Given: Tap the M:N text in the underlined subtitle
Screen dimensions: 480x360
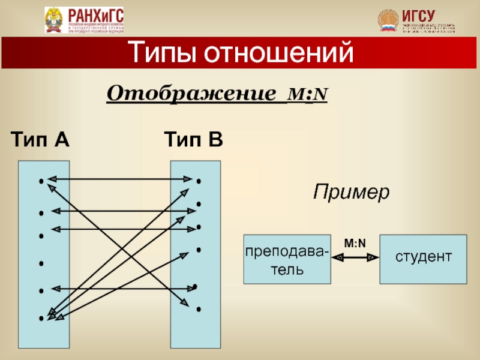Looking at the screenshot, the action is (x=307, y=95).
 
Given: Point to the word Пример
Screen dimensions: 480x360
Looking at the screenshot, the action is (x=351, y=193).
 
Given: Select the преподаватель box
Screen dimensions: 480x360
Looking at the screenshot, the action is (x=287, y=259).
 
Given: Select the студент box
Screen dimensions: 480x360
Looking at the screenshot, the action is (x=423, y=259).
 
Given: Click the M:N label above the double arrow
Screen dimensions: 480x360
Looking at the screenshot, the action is (x=355, y=242).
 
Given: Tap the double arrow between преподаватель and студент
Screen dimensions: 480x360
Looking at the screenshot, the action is (x=355, y=257).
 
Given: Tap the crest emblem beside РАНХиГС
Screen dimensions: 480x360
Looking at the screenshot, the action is (x=55, y=20).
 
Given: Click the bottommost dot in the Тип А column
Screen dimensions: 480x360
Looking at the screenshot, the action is (x=40, y=319).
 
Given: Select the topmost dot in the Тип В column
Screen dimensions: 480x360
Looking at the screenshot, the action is (x=197, y=180).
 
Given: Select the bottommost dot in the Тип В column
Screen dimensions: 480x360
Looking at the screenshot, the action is (x=197, y=310).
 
